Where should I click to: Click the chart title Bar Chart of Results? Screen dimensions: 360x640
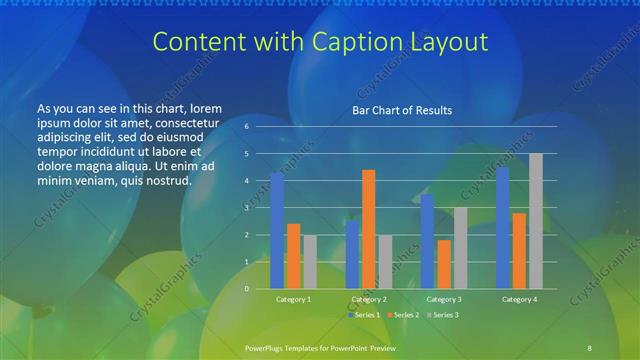point(400,110)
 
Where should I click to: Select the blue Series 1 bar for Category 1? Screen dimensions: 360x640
point(277,230)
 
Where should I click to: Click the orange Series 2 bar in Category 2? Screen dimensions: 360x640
point(368,229)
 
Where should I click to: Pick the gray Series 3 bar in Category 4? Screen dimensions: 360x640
point(536,221)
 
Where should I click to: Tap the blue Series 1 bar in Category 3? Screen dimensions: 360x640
point(427,241)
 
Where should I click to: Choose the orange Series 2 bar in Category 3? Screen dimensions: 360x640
point(444,264)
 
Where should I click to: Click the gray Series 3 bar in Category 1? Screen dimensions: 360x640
point(309,262)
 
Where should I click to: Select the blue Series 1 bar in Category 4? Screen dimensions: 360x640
point(503,228)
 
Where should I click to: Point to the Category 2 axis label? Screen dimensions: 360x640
point(369,299)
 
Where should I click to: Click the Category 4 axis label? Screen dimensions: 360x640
point(519,299)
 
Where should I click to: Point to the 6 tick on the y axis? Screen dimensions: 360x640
point(246,127)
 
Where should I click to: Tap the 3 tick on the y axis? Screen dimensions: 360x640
point(246,208)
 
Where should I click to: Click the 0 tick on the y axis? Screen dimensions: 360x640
point(246,289)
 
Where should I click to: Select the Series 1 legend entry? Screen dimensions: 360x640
point(364,315)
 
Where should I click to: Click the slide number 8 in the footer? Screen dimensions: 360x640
point(590,347)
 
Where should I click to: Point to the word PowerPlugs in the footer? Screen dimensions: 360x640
point(265,347)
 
